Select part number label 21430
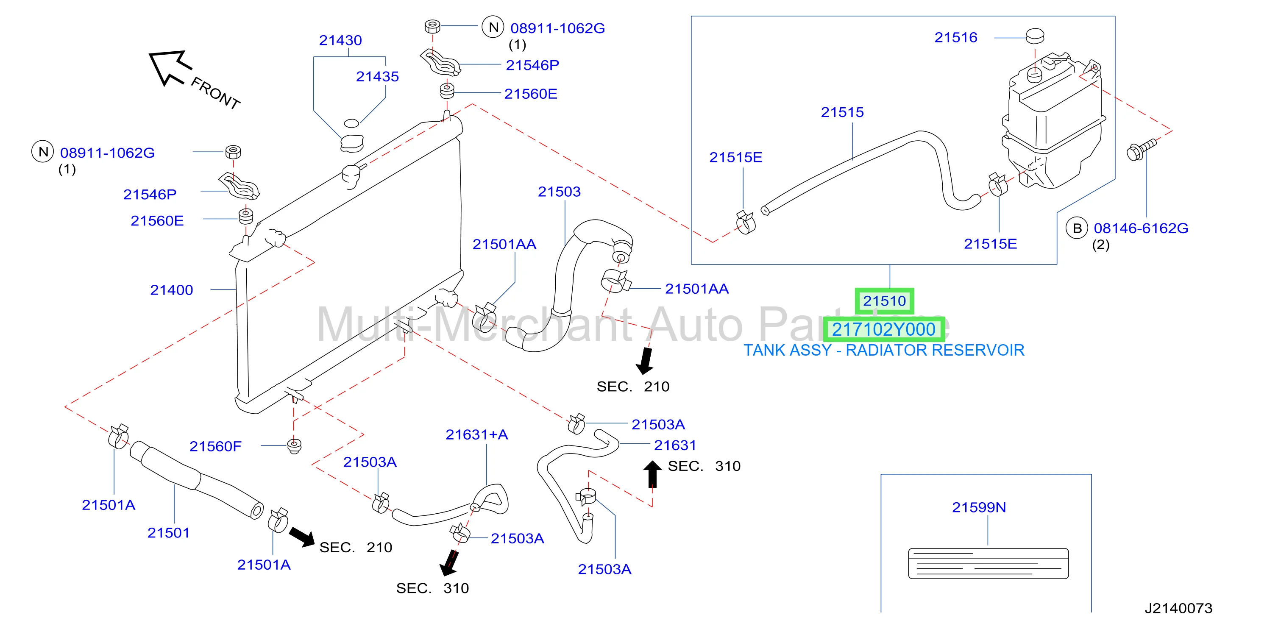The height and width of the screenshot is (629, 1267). [340, 40]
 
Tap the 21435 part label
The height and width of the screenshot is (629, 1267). [377, 77]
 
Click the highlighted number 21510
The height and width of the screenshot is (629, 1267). [884, 301]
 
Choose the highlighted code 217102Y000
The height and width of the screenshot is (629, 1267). [884, 329]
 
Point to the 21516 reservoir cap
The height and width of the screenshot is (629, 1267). [1035, 36]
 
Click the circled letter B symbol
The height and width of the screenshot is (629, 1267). [1077, 228]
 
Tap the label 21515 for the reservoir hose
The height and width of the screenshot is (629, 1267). [842, 112]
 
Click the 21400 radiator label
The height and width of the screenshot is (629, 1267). [172, 290]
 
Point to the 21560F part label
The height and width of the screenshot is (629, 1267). [215, 447]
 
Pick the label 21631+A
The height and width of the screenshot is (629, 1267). [476, 435]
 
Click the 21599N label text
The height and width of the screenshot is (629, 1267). [979, 507]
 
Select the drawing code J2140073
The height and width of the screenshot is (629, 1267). [1178, 609]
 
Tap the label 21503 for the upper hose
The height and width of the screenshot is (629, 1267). [559, 192]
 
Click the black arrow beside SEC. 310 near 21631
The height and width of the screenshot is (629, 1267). [653, 474]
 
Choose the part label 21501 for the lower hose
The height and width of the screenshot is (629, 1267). [169, 533]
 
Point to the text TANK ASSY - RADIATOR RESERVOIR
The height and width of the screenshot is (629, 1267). [884, 350]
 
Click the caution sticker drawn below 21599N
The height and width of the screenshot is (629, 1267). [988, 564]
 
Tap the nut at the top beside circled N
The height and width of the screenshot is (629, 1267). [432, 27]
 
